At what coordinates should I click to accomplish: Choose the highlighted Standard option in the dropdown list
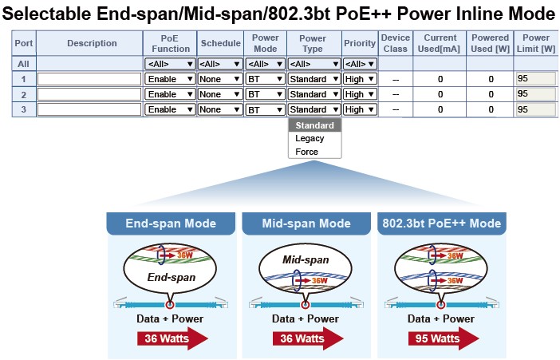click(314, 125)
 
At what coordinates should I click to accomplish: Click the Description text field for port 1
click(90, 79)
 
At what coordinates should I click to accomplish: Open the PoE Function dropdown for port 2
click(170, 94)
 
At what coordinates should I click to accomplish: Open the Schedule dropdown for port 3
click(220, 109)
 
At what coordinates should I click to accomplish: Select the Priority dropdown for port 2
click(359, 94)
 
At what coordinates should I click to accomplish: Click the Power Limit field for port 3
click(534, 109)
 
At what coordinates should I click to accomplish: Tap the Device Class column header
click(395, 43)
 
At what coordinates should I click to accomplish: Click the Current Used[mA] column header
click(440, 43)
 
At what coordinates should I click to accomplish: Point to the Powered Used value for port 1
click(491, 79)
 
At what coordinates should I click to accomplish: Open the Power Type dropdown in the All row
click(313, 64)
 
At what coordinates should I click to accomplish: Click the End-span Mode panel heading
click(172, 224)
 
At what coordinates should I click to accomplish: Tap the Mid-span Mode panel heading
click(306, 224)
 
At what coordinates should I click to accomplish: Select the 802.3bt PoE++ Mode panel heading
click(441, 224)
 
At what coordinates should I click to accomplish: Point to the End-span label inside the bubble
click(172, 278)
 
